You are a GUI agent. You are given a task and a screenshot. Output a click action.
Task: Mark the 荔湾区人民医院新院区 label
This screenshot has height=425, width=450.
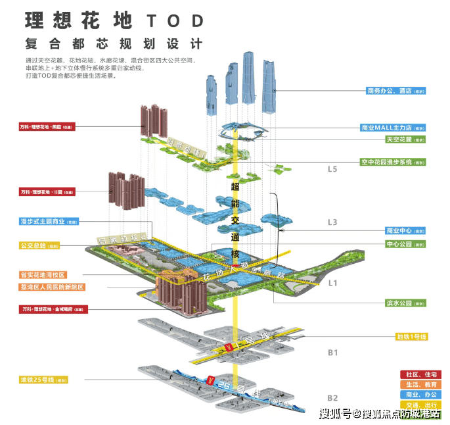[52, 287]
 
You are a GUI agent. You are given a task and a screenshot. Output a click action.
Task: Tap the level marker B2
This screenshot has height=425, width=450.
[332, 398]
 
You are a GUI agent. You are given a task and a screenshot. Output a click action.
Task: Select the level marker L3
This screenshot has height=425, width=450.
[332, 222]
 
